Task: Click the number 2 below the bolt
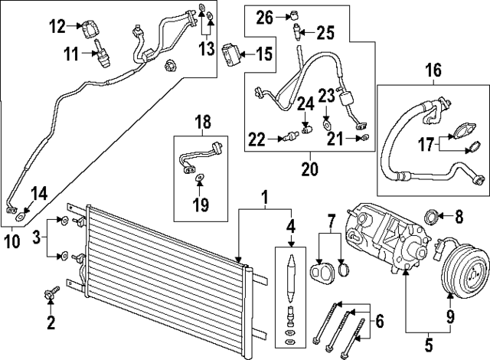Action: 51,323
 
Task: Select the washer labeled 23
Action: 327,122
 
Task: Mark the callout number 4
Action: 290,227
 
